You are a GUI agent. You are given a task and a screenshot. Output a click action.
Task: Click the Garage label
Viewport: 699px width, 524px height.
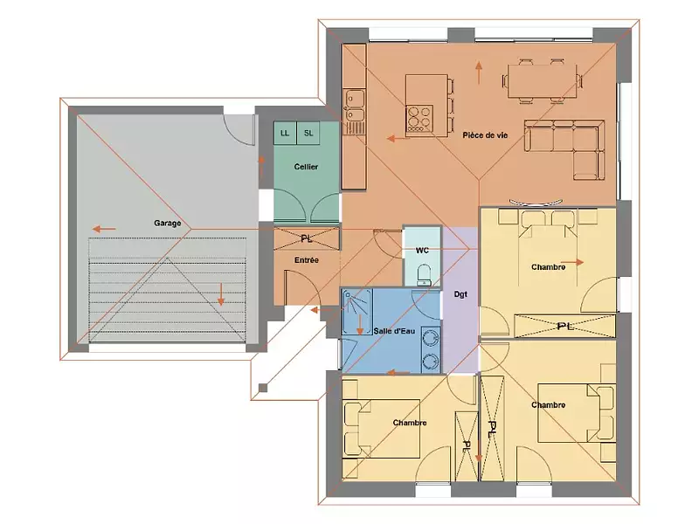(x=168, y=224)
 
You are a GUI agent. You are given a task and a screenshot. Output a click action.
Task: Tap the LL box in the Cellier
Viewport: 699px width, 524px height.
(x=285, y=132)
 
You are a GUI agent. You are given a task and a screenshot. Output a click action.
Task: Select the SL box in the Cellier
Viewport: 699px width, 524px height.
(x=308, y=132)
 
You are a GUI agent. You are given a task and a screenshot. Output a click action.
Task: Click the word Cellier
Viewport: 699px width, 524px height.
(x=306, y=167)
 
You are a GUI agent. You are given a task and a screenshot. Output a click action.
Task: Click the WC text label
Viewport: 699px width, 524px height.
(x=422, y=250)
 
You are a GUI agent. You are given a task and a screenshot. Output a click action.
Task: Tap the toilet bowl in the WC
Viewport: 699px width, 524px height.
(x=424, y=276)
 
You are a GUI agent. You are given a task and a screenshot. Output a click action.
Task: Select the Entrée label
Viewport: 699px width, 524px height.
(x=306, y=260)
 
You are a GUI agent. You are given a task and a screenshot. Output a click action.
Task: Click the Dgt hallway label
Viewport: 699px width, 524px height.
(x=460, y=294)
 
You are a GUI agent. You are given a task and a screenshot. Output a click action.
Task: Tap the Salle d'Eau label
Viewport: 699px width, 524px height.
(x=393, y=330)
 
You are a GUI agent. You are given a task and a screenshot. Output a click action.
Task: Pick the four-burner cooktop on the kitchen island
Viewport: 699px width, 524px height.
(x=418, y=115)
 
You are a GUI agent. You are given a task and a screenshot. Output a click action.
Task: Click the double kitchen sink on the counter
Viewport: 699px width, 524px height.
(x=354, y=105)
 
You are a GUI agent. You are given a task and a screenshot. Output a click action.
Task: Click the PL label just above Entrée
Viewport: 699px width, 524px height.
(x=306, y=238)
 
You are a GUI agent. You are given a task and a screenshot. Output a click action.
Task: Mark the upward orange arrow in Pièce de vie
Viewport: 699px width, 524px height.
(x=479, y=72)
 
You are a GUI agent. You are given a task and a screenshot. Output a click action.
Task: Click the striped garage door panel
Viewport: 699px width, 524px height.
(x=168, y=288)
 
